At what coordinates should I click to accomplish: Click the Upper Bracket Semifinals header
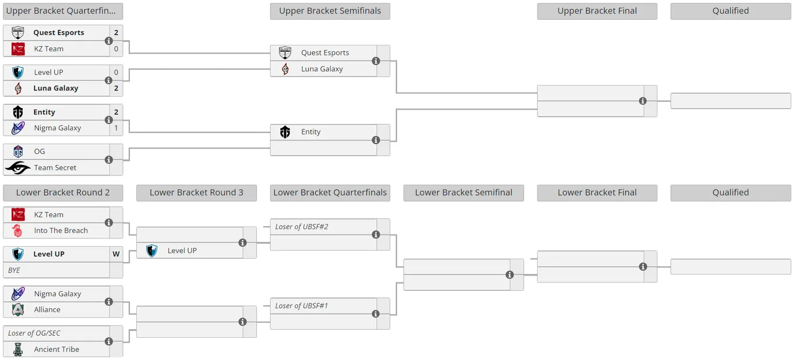point(330,11)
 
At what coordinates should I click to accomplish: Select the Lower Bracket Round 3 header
point(196,192)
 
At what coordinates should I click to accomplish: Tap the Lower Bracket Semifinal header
point(464,192)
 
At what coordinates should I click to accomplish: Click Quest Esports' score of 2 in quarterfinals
point(116,33)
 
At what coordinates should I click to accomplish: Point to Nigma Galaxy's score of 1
point(116,128)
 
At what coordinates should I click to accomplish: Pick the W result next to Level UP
point(116,254)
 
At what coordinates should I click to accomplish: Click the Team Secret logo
point(17,168)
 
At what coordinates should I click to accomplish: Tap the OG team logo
point(18,151)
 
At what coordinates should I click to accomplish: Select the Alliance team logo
point(18,309)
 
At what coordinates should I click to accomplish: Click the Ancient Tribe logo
point(18,349)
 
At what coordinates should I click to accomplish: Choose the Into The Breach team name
point(61,231)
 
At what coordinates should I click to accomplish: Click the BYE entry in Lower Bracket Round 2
point(14,270)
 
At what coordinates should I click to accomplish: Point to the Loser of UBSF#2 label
point(302,227)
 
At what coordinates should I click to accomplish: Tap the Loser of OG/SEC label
point(34,333)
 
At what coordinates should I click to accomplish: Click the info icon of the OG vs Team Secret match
point(108,160)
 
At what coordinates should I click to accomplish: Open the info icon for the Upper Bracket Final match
point(643,101)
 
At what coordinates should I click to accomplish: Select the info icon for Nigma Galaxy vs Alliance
point(108,302)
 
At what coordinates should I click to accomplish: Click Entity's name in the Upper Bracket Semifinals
point(311,132)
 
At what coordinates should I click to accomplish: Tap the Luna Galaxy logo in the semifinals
point(285,69)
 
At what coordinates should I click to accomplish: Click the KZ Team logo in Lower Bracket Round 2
point(18,214)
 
